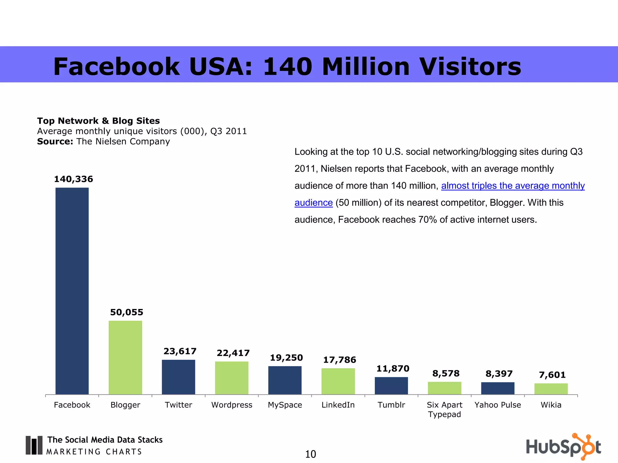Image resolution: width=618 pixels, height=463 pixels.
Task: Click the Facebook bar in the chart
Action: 72,291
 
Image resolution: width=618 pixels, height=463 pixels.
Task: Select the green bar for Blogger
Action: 125,357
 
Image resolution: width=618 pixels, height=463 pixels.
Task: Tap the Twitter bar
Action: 178,377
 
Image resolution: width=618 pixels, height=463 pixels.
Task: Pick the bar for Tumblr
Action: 391,386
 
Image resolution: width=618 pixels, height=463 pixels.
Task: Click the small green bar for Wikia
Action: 551,389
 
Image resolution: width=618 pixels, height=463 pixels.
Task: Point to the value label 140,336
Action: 73,179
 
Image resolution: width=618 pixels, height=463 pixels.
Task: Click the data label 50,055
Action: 126,312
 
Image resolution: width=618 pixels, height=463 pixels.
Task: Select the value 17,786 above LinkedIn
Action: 339,360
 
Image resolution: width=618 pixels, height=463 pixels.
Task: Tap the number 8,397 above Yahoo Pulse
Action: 499,374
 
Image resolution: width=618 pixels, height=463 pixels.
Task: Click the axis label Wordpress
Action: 231,405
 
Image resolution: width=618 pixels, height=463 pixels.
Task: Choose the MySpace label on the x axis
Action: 285,405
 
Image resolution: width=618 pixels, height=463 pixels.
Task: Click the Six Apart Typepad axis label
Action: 444,409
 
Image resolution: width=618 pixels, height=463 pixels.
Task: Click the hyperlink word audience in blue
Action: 314,203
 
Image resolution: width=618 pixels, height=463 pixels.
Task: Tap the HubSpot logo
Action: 563,446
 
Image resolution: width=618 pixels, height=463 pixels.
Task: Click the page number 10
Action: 311,454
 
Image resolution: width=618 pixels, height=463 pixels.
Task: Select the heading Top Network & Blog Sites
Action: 98,121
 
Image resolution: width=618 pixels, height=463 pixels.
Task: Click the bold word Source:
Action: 55,141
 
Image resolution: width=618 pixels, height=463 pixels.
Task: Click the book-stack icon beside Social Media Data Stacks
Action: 34,445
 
